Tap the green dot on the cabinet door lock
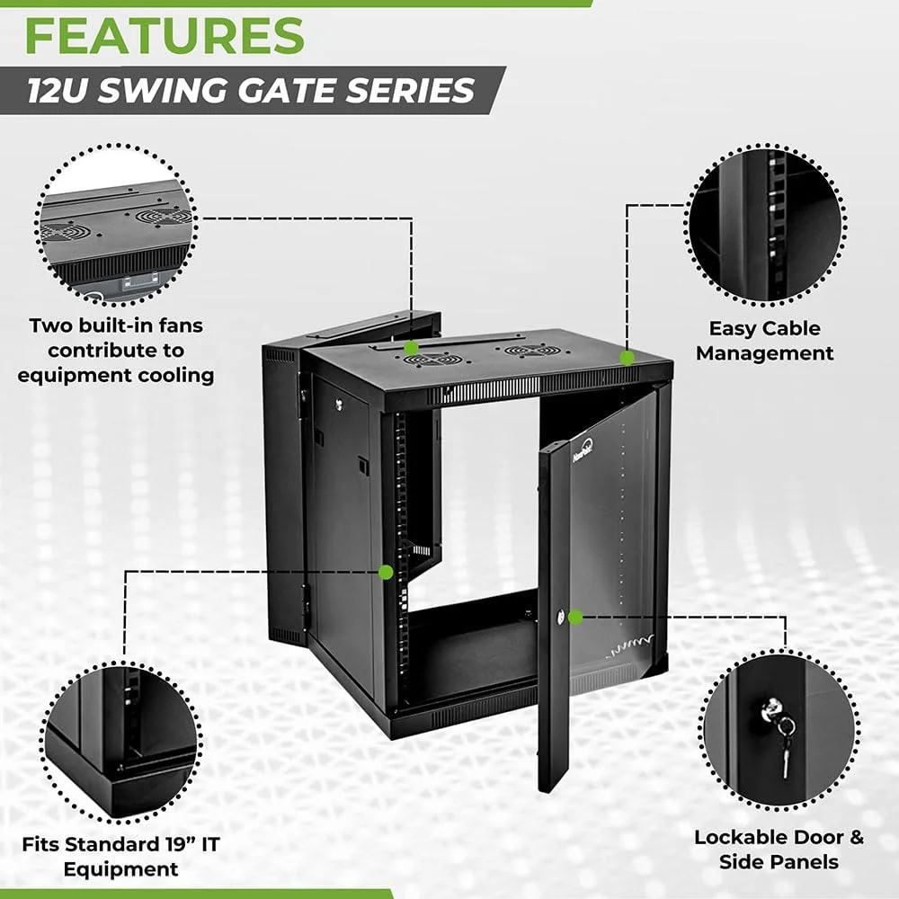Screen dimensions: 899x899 [576, 617]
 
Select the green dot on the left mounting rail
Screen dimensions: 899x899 [387, 571]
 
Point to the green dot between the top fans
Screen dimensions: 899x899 [411, 347]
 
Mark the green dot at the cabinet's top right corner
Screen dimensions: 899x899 [628, 357]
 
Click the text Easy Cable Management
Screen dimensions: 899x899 [764, 341]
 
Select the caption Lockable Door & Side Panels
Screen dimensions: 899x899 [779, 849]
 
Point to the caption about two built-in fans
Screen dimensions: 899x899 [116, 350]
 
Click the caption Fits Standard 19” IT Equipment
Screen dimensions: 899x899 [120, 856]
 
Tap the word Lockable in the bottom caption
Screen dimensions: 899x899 [739, 837]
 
